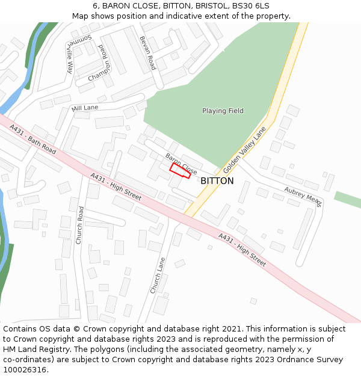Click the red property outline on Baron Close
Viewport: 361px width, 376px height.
coord(180,171)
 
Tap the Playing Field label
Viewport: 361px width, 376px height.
coord(223,111)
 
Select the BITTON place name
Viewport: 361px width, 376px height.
coord(217,180)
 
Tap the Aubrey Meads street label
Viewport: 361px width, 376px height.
coord(304,196)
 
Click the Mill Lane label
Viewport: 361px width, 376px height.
coord(84,108)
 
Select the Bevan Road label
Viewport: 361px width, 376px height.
coord(148,53)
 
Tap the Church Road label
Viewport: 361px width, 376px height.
coord(79,225)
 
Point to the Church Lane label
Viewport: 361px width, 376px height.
coord(158,276)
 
